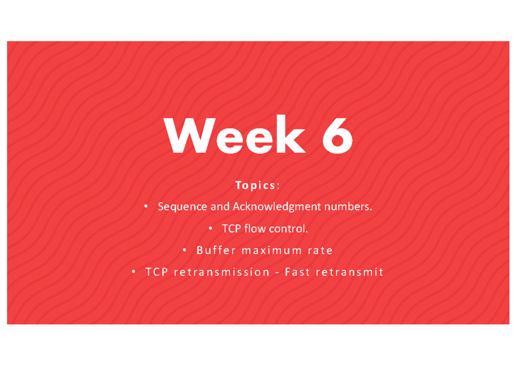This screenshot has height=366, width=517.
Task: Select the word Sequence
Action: click(182, 207)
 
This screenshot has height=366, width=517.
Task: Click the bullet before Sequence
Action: click(146, 207)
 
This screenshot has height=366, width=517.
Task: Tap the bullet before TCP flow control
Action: click(210, 228)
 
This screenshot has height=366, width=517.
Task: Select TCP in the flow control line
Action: click(231, 228)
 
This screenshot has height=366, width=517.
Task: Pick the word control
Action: click(289, 228)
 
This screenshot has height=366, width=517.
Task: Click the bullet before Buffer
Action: click(185, 250)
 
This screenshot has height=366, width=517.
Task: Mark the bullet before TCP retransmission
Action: click(134, 272)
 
